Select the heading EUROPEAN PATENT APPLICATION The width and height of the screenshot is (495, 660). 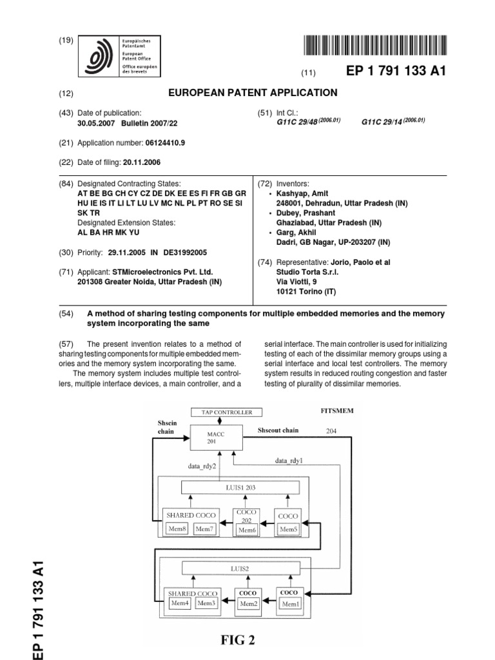pyautogui.click(x=253, y=93)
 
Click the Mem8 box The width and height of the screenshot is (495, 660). pyautogui.click(x=177, y=529)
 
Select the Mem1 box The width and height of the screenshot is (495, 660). pyautogui.click(x=290, y=604)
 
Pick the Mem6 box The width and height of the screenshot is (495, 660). pyautogui.click(x=247, y=530)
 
